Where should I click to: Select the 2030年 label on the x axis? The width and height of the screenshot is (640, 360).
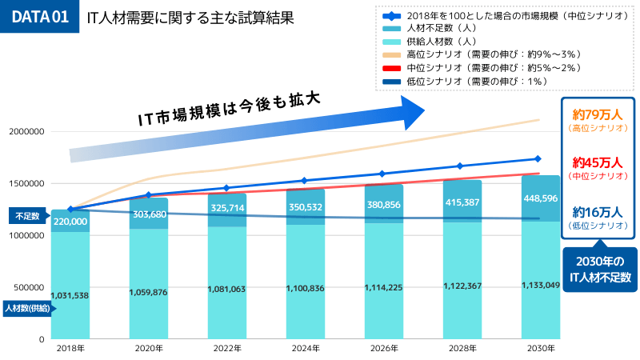tap(538, 349)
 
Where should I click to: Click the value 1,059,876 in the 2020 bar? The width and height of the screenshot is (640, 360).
tap(149, 291)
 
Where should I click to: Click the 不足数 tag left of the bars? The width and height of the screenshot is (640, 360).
tap(26, 217)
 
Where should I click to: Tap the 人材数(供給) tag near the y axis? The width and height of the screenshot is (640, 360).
tap(26, 308)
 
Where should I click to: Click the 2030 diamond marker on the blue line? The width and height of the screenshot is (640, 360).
tap(538, 158)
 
